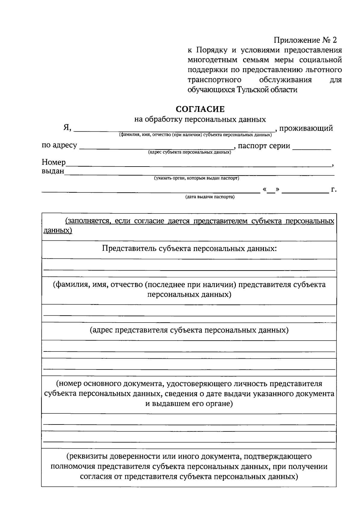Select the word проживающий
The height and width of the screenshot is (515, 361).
pyautogui.click(x=306, y=128)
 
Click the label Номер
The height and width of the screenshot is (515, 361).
pyautogui.click(x=54, y=162)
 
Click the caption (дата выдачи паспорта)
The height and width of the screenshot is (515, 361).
pyautogui.click(x=210, y=197)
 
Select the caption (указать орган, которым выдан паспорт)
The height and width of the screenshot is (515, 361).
pyautogui.click(x=196, y=178)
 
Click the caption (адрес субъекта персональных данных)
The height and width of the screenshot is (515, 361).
pyautogui.click(x=189, y=152)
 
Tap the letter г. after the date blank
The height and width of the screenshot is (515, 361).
pyautogui.click(x=334, y=189)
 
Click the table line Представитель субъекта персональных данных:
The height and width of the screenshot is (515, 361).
pyautogui.click(x=189, y=249)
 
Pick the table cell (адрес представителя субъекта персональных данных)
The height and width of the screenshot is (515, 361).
pyautogui.click(x=189, y=330)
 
